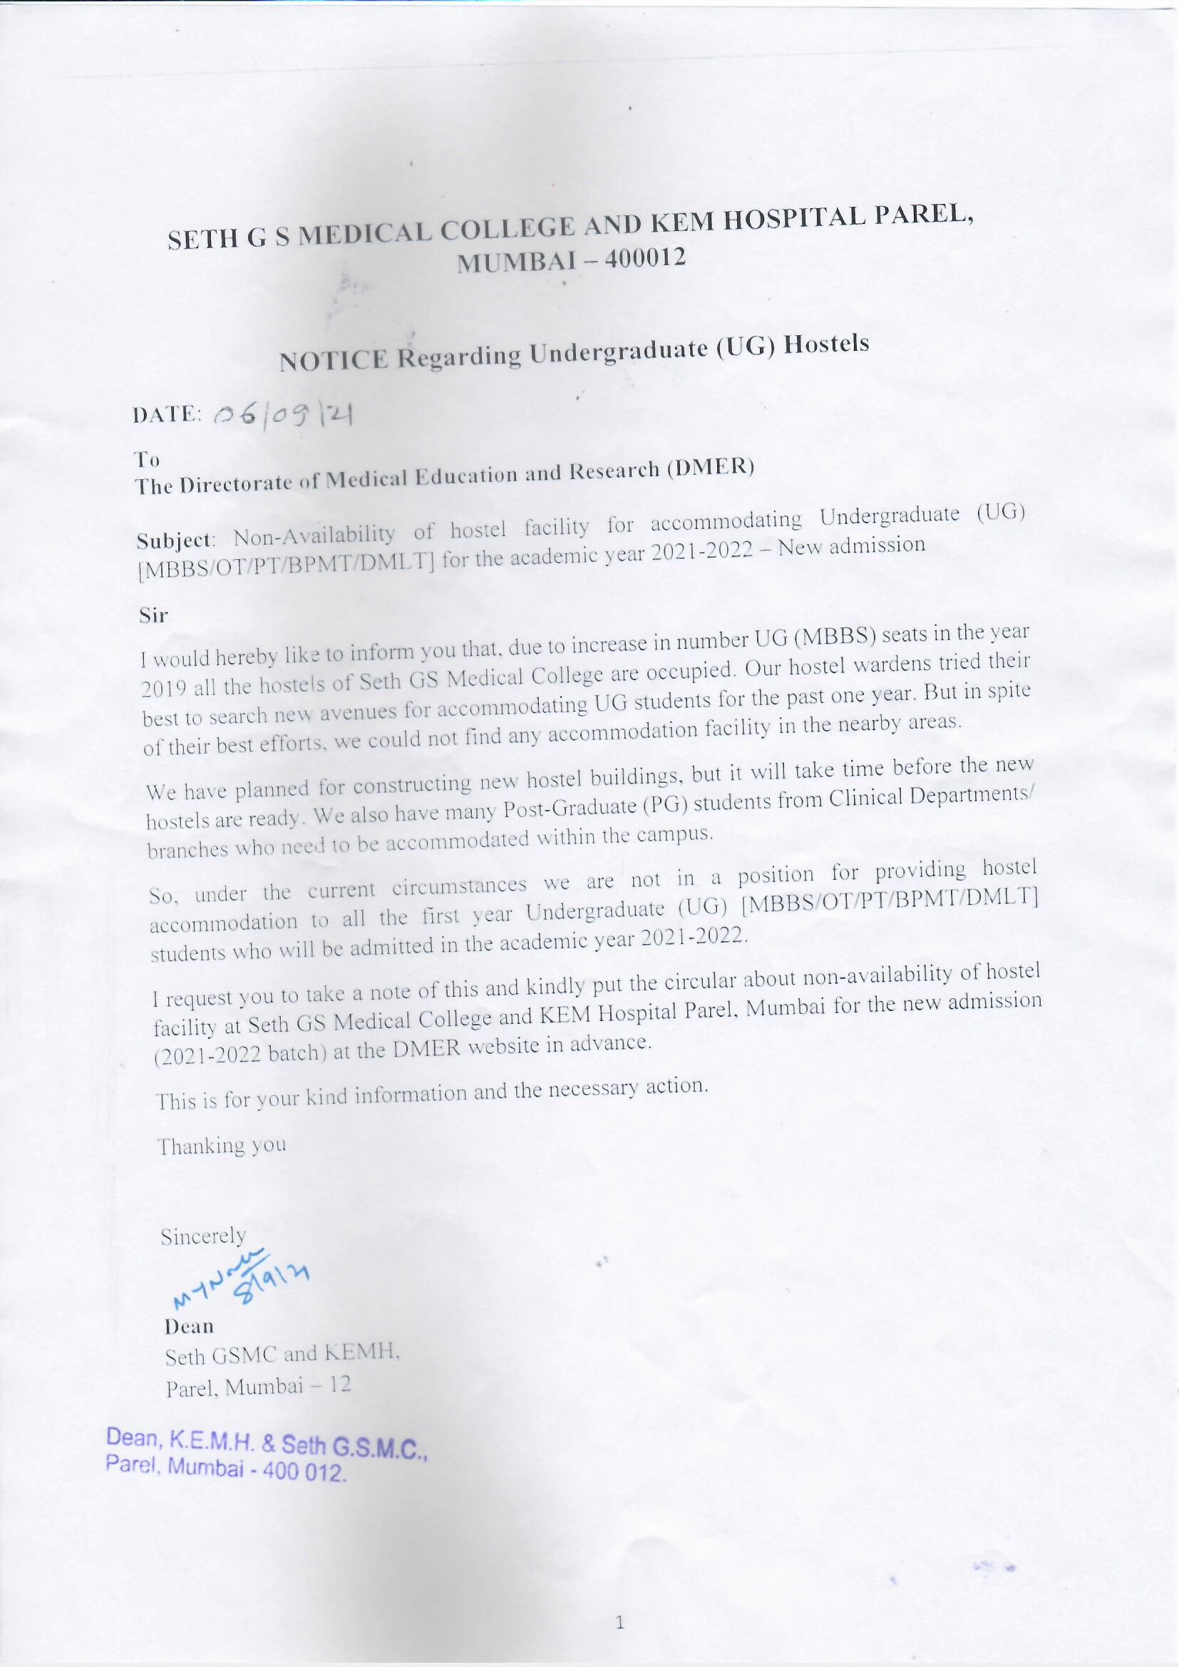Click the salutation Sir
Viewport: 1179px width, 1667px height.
tap(153, 616)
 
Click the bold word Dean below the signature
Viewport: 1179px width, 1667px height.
tap(189, 1326)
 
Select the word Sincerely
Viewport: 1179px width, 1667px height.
tap(203, 1236)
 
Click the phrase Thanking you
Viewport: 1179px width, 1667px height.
tap(222, 1147)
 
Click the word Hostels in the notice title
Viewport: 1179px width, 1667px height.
tap(828, 344)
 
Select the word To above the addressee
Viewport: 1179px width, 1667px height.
tap(148, 460)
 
